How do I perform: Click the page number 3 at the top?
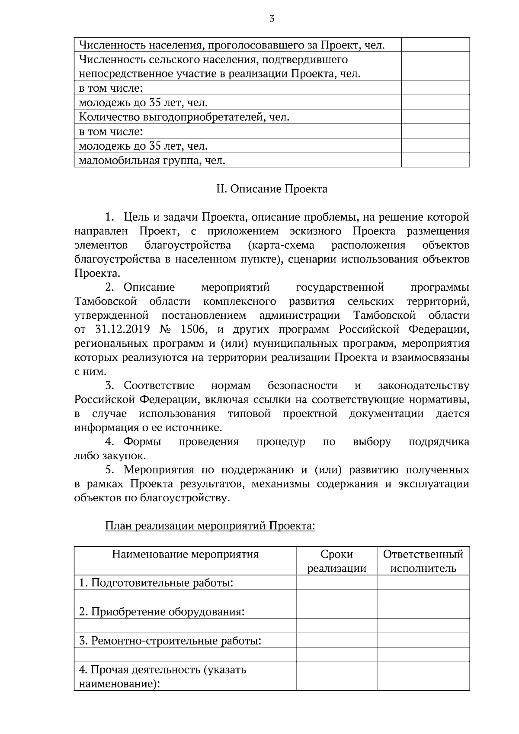click(272, 19)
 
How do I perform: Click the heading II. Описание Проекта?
click(272, 189)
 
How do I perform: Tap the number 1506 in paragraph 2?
click(194, 330)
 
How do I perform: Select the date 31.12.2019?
click(122, 330)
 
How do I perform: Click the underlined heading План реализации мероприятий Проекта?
click(210, 526)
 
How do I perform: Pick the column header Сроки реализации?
click(336, 561)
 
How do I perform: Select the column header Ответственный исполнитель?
click(423, 561)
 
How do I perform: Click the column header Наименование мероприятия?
click(185, 554)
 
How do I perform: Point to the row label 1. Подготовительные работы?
click(156, 583)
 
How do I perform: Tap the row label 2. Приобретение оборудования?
click(162, 612)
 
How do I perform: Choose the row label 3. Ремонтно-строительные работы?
click(170, 640)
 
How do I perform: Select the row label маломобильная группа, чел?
click(152, 160)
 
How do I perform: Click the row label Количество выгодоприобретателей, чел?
click(184, 117)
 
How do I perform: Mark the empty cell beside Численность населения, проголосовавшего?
click(436, 45)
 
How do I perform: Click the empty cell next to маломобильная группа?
click(436, 160)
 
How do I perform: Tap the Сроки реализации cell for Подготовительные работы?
click(336, 583)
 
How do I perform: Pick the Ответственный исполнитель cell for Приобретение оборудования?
click(423, 612)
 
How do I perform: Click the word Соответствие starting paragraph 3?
click(159, 385)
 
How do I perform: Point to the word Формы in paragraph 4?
click(142, 442)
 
